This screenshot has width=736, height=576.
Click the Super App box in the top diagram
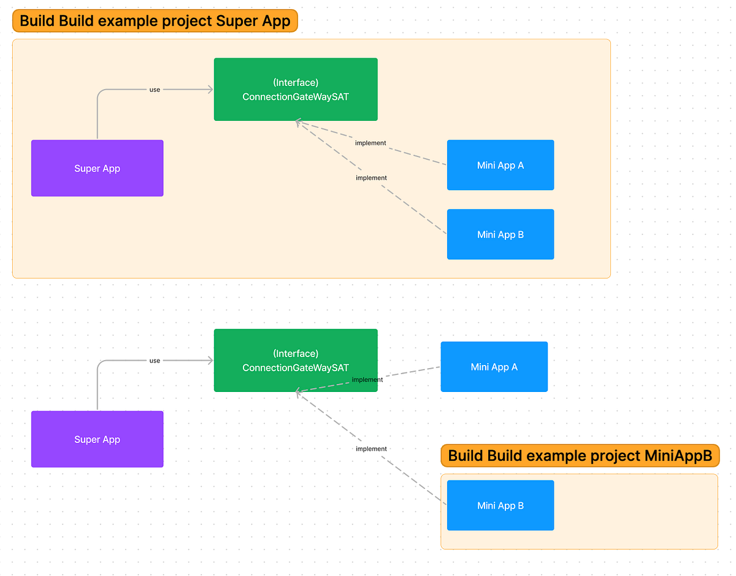click(x=97, y=168)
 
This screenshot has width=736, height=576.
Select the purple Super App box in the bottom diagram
click(x=97, y=439)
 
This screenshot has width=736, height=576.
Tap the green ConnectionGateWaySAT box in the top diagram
click(x=295, y=90)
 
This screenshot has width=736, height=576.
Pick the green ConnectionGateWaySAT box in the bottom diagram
click(x=295, y=360)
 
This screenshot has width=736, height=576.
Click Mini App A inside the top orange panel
click(x=500, y=165)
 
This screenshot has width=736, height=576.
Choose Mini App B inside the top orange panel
click(x=500, y=234)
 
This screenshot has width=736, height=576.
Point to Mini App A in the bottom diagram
click(x=494, y=367)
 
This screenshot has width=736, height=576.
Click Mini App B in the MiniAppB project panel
click(x=500, y=505)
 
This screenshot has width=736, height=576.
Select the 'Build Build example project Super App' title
click(x=155, y=21)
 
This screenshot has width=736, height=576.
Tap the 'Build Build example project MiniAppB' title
click(x=580, y=456)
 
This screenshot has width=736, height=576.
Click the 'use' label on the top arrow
click(x=155, y=90)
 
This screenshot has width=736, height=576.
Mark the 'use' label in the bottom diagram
click(x=155, y=361)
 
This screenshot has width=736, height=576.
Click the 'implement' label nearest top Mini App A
click(x=370, y=143)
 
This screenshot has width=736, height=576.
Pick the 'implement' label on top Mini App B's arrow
click(x=371, y=178)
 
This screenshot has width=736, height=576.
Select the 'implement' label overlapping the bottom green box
click(x=367, y=380)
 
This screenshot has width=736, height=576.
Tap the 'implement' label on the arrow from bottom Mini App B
click(x=371, y=449)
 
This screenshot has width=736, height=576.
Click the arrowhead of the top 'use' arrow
click(x=210, y=90)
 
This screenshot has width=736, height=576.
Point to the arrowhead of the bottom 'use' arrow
click(x=210, y=361)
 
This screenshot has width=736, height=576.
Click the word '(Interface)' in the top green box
click(x=295, y=82)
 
